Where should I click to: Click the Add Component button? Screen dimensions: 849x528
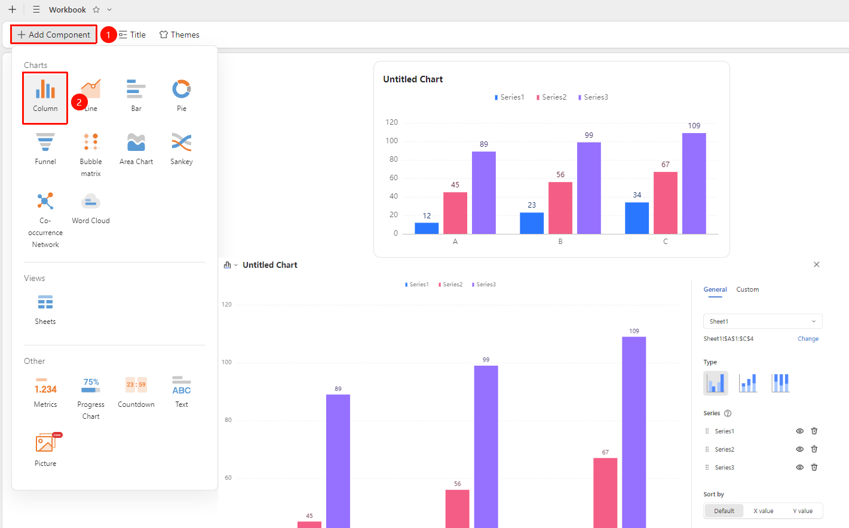[x=53, y=35]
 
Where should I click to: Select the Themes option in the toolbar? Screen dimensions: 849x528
[x=179, y=35]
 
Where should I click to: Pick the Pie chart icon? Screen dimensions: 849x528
[x=182, y=89]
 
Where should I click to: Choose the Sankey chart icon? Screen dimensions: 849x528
[x=182, y=143]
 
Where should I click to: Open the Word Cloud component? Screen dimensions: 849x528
[x=91, y=202]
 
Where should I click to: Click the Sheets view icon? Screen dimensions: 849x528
[x=45, y=302]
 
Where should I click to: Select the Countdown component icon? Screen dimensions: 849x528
[x=136, y=385]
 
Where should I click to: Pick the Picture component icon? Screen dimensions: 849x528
[x=45, y=443]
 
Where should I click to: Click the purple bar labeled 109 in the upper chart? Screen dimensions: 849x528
[x=694, y=183]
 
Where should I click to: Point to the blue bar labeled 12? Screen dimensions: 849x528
[x=427, y=229]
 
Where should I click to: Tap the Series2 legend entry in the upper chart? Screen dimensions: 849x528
[x=551, y=97]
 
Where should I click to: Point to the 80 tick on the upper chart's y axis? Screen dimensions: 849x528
[x=393, y=159]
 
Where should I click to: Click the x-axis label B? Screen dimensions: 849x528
[x=560, y=242]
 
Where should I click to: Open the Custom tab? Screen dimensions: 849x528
[x=747, y=289]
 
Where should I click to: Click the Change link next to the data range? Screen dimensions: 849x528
[x=808, y=338]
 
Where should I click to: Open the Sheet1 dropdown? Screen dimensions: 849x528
[x=762, y=322]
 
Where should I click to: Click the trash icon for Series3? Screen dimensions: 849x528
[x=814, y=467]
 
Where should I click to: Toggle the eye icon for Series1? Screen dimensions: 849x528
[x=800, y=431]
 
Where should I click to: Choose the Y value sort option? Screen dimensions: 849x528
[x=803, y=511]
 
